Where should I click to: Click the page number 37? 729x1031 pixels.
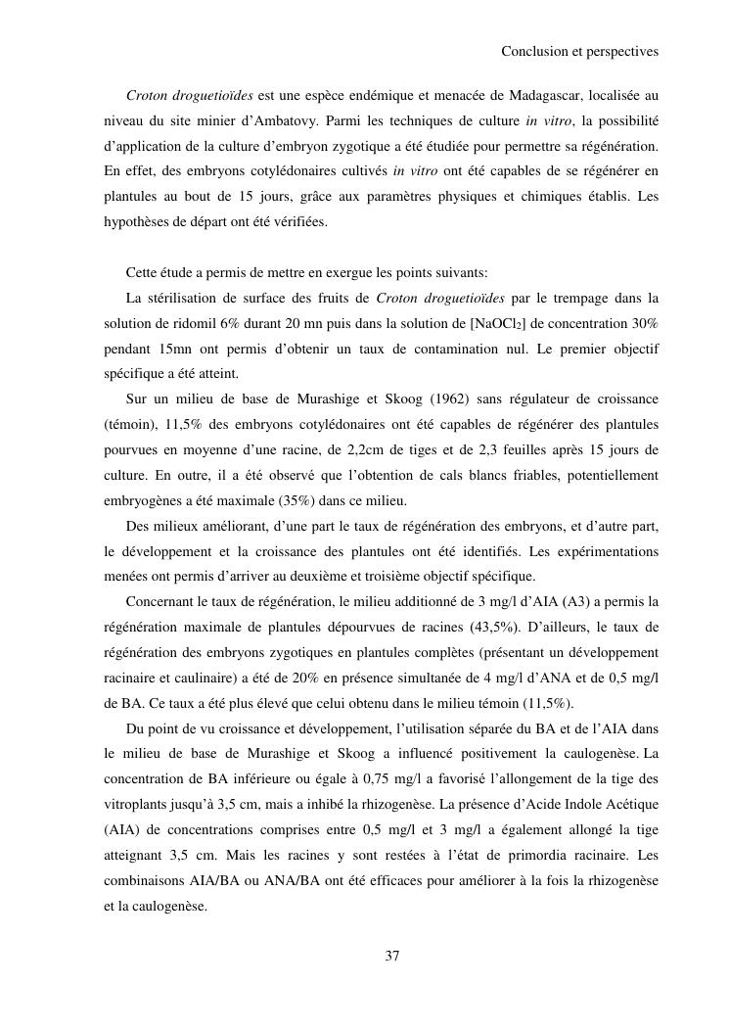coord(391,957)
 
